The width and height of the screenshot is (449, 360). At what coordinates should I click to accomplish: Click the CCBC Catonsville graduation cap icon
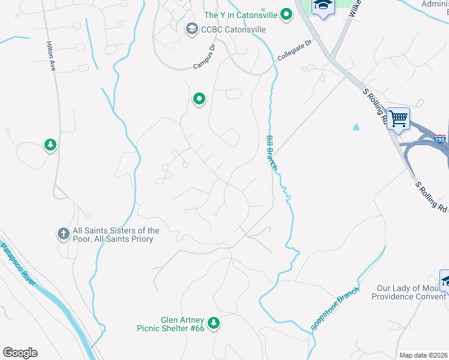191,29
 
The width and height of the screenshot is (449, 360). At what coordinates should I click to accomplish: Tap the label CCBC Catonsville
234,29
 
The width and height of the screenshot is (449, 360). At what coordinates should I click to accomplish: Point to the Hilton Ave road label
51,57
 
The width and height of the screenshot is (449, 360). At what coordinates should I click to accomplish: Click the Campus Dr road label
204,57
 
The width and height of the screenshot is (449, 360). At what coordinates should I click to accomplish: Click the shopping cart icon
398,118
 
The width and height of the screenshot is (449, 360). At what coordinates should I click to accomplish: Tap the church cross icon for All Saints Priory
62,234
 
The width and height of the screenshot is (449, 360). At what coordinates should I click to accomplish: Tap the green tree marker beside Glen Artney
213,323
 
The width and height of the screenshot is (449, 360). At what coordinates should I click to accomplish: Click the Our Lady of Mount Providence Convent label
410,292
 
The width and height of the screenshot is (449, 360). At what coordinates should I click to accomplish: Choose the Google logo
20,353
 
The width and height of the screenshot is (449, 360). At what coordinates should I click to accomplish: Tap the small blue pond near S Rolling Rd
356,127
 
